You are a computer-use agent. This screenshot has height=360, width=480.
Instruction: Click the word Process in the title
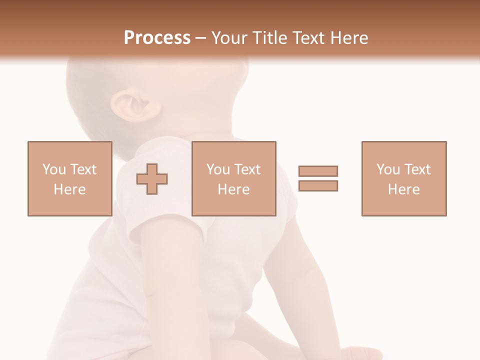pyautogui.click(x=157, y=38)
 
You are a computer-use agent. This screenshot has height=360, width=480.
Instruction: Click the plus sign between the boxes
pyautogui.click(x=152, y=178)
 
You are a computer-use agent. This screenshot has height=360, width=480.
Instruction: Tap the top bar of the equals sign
pyautogui.click(x=318, y=171)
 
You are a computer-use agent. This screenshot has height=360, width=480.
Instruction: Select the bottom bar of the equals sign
pyautogui.click(x=318, y=185)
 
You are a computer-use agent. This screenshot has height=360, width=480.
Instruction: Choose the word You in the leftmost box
pyautogui.click(x=54, y=169)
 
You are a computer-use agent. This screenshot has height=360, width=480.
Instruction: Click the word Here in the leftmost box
pyautogui.click(x=69, y=189)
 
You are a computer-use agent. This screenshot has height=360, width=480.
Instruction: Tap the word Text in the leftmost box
pyautogui.click(x=83, y=169)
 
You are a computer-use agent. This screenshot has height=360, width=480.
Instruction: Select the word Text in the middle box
pyautogui.click(x=247, y=169)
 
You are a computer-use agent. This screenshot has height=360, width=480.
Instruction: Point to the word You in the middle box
pyautogui.click(x=218, y=169)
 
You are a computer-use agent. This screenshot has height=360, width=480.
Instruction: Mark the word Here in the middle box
pyautogui.click(x=233, y=189)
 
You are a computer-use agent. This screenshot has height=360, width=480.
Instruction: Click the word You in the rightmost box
pyautogui.click(x=388, y=169)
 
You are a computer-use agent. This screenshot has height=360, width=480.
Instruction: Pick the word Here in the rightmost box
pyautogui.click(x=403, y=189)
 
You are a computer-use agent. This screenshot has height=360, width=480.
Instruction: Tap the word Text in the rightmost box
pyautogui.click(x=417, y=169)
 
